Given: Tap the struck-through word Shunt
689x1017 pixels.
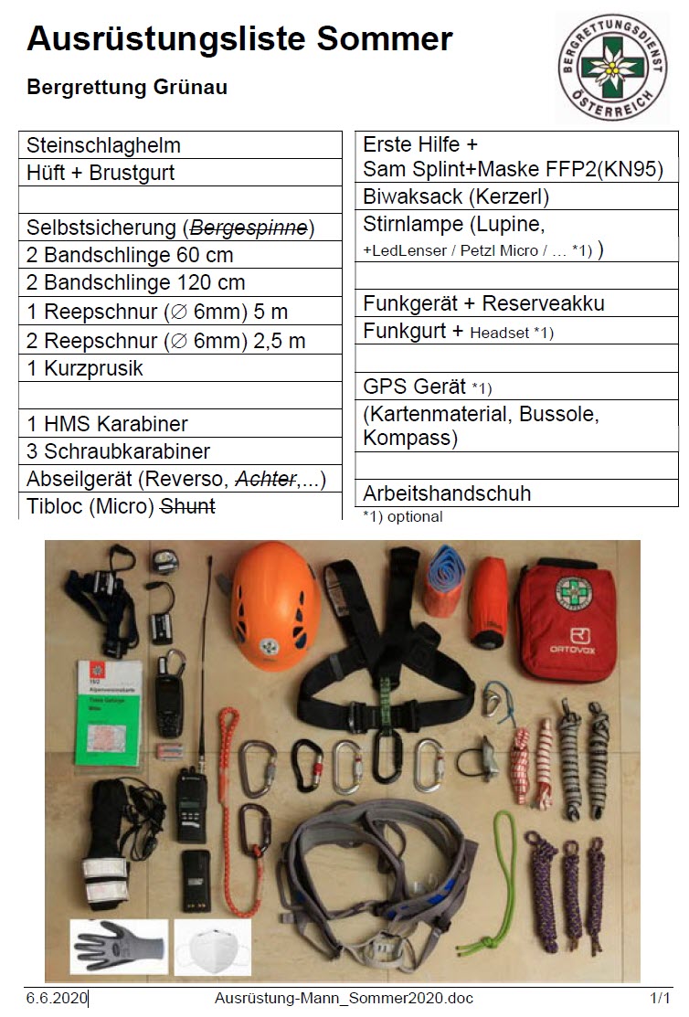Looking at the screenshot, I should click(187, 505).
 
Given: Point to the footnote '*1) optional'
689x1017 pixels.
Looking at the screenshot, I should click(402, 516).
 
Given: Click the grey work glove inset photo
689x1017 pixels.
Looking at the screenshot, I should click(119, 946).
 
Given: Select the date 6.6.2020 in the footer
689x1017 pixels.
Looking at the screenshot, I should click(56, 998).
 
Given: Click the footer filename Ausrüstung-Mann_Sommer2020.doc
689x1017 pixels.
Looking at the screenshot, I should click(344, 998).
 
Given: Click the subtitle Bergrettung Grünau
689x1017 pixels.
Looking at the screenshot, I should click(127, 88).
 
